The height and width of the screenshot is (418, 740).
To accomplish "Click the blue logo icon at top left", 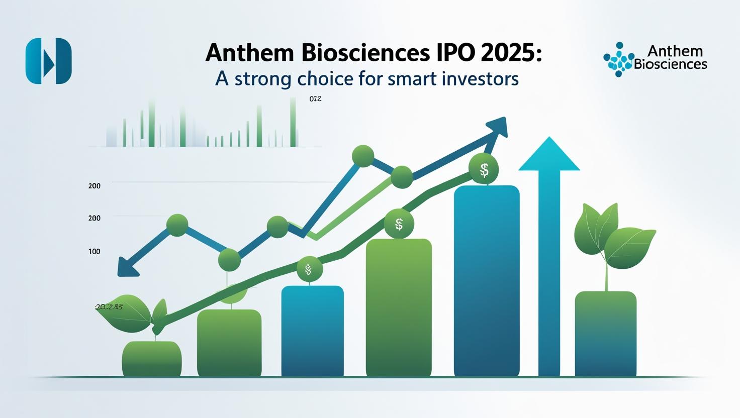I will tap(48, 60).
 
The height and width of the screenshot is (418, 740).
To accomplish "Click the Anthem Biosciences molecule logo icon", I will tap(618, 60).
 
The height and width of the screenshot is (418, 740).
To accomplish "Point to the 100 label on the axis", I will tap(94, 251).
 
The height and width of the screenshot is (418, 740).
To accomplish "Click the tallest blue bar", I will tap(486, 281).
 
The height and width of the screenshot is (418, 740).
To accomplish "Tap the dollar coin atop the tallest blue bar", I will tap(484, 171).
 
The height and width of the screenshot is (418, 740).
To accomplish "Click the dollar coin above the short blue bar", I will tap(308, 270).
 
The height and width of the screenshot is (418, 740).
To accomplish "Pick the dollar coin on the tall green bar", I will tap(399, 224).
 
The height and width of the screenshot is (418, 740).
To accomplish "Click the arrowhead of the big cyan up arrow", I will tap(549, 155).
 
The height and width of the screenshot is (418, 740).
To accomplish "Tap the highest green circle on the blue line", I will tap(363, 156).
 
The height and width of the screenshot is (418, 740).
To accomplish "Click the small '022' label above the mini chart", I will tap(315, 99).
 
